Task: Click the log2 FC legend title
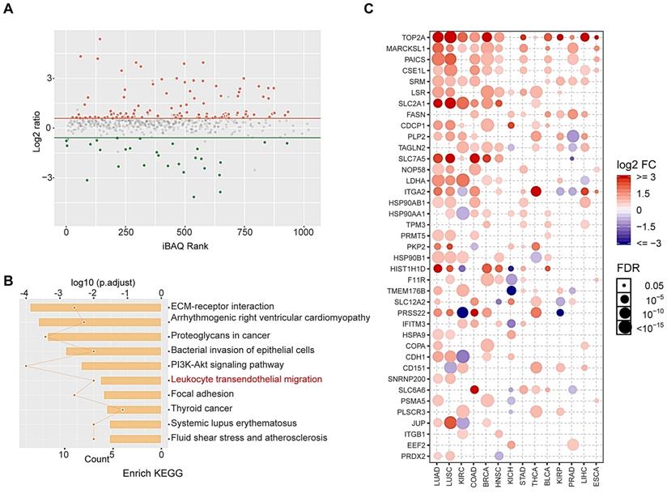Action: coord(636,165)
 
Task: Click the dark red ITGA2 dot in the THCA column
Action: coord(536,191)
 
